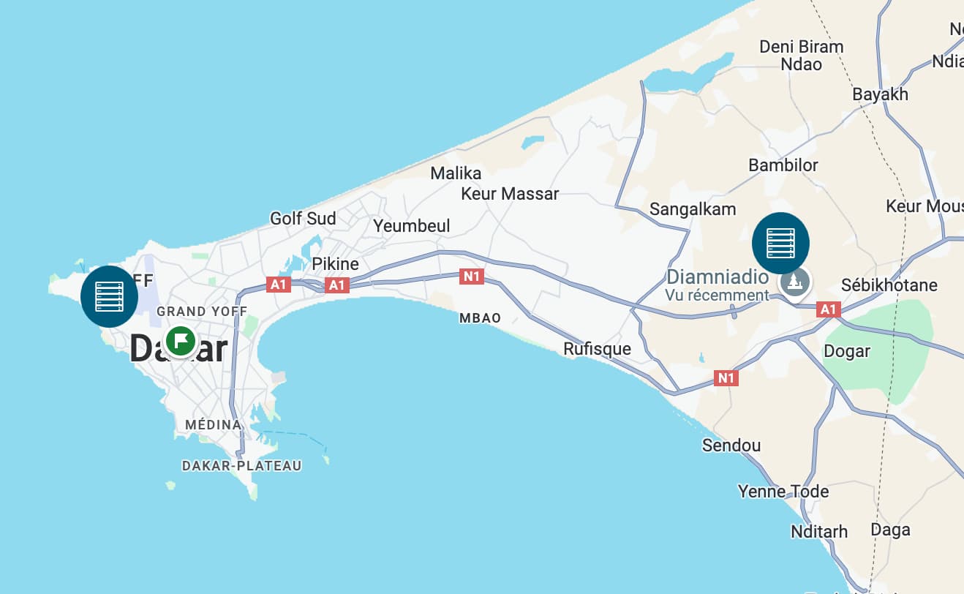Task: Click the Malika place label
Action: point(456,173)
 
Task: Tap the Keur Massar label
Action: point(510,194)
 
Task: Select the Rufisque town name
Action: point(597,349)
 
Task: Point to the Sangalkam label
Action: point(693,210)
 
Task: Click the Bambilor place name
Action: point(783,165)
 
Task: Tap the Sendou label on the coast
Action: point(731,446)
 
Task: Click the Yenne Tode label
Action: point(783,491)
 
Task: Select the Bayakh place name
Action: point(881,94)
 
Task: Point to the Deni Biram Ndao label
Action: point(802,56)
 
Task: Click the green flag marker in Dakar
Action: point(180,340)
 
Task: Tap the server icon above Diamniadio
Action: point(780,243)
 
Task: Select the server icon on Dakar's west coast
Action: point(109,296)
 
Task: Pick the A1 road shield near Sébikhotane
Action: point(828,310)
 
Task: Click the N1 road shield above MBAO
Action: point(472,277)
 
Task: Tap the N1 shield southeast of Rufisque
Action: point(726,378)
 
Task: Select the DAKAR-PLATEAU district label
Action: point(241,466)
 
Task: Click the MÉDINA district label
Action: point(213,425)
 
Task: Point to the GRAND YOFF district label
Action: point(202,312)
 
